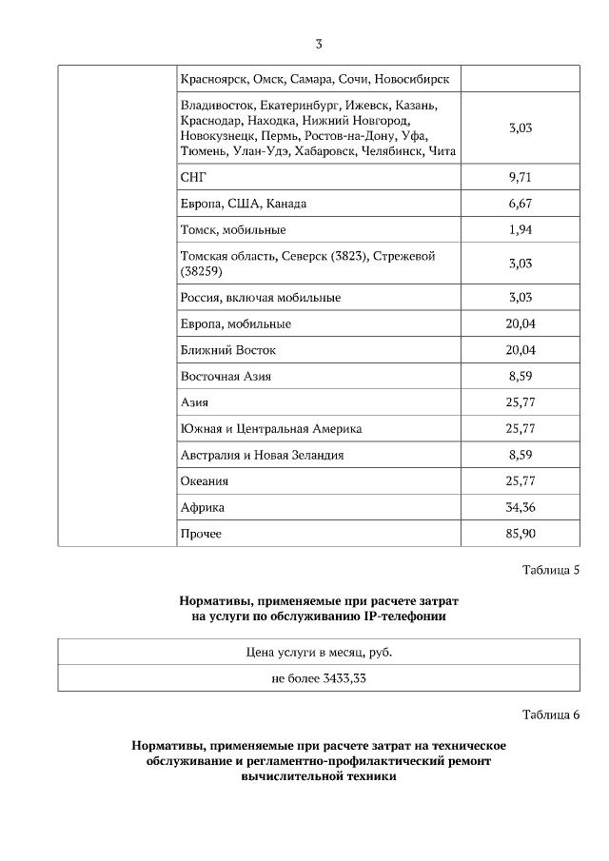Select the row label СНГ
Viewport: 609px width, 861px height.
(193, 177)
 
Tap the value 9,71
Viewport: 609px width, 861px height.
(520, 177)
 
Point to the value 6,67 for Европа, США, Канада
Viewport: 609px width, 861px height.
(520, 204)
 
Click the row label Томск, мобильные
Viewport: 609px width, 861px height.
(232, 229)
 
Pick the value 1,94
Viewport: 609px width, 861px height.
(520, 229)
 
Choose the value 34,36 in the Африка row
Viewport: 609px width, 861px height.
(520, 507)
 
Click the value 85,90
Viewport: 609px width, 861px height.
(520, 534)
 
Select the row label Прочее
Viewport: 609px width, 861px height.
(200, 534)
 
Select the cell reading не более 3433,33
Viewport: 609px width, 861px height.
(319, 677)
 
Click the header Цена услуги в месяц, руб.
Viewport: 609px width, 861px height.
(319, 652)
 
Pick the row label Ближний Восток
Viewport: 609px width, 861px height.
(227, 350)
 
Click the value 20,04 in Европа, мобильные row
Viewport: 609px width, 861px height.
(520, 323)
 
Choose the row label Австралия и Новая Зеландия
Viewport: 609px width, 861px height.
(262, 455)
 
